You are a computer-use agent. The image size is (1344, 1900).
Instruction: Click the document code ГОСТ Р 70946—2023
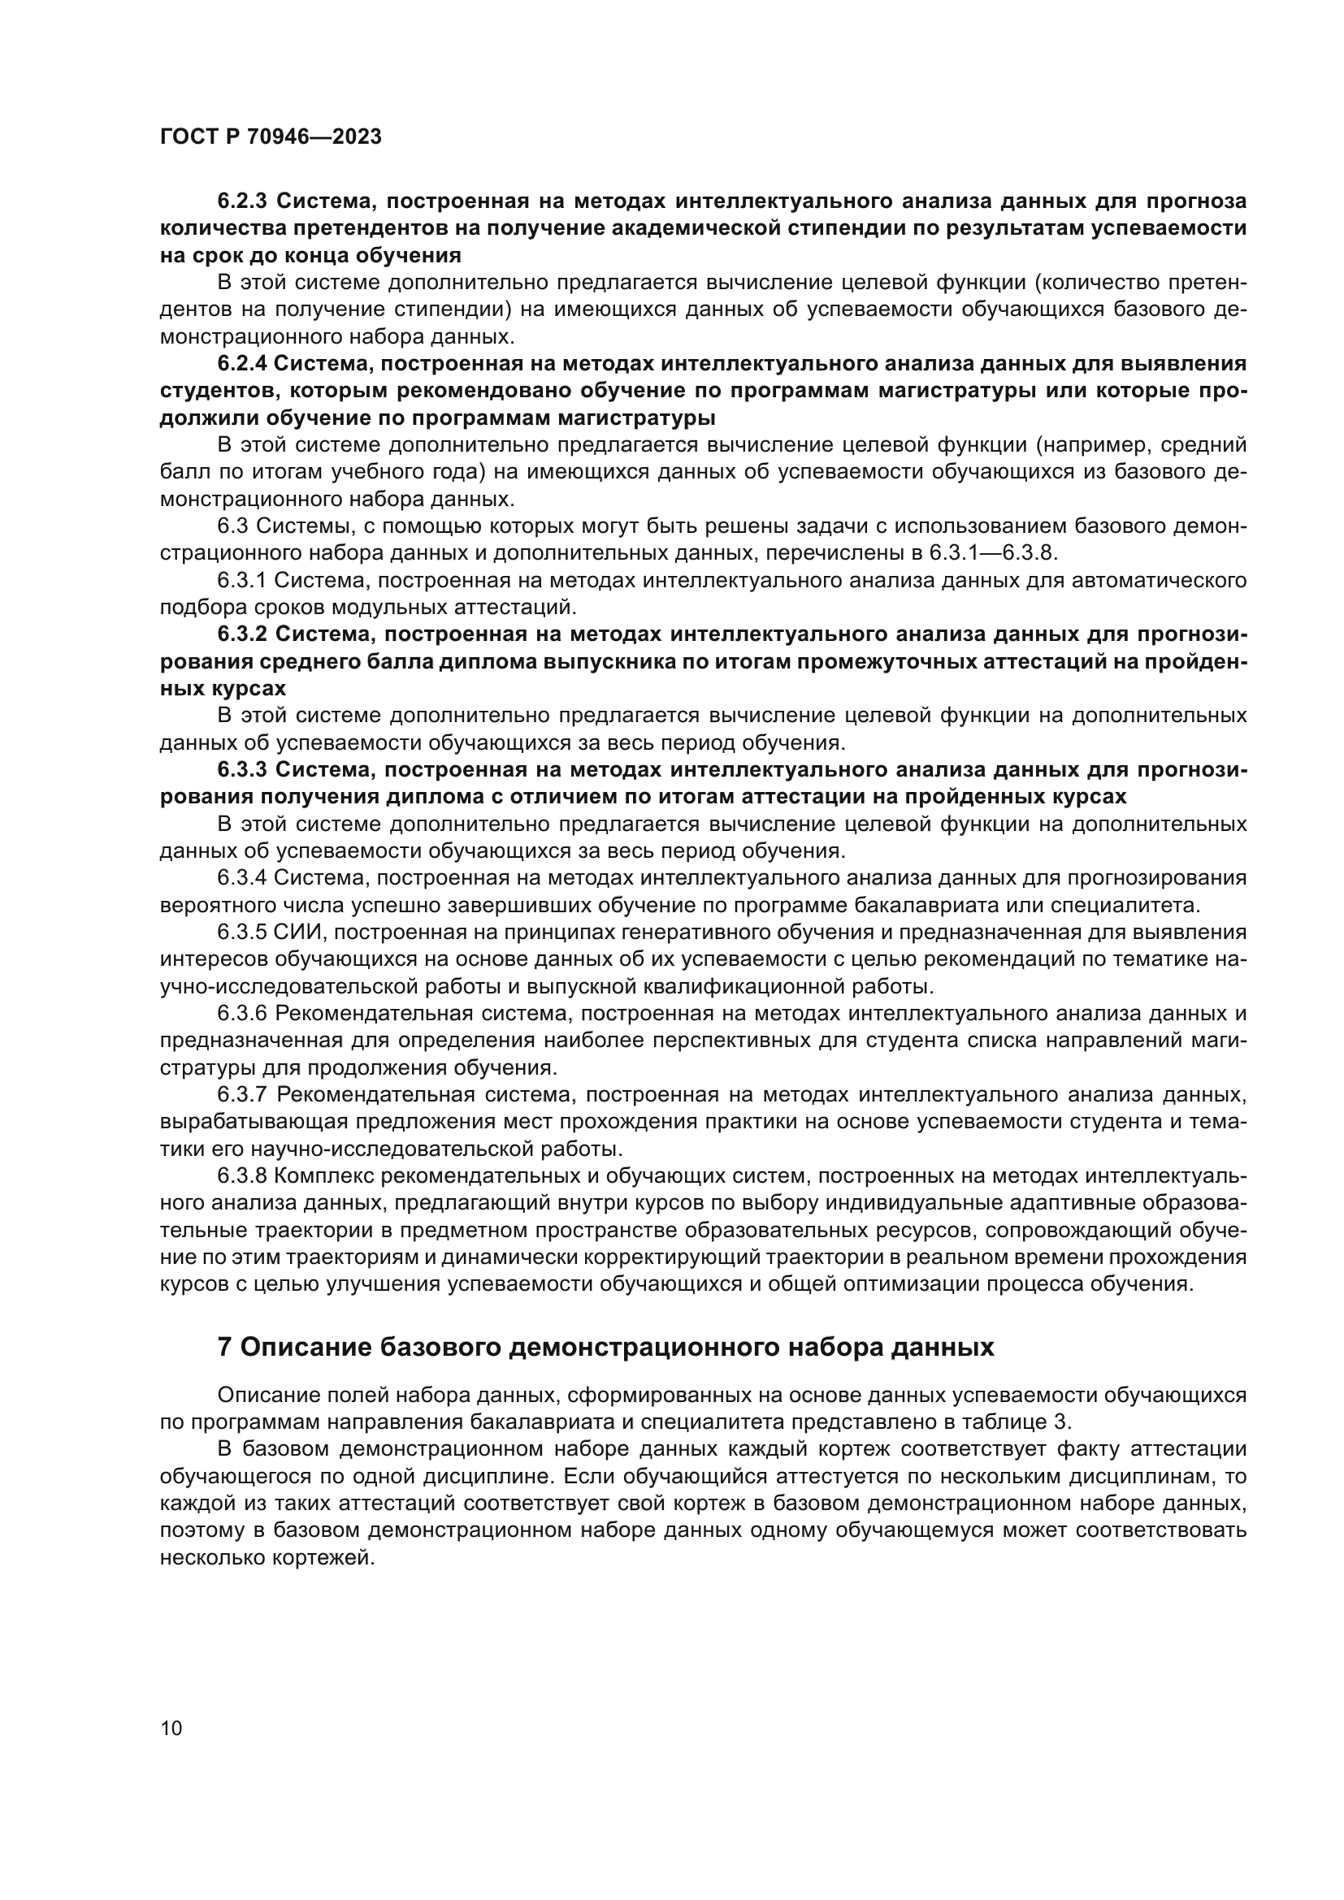(x=271, y=137)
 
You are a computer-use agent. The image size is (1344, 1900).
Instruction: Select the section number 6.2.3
(x=242, y=201)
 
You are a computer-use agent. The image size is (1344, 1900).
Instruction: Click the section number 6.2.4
(x=241, y=363)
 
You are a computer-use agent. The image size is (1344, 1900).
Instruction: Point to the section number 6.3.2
(x=242, y=634)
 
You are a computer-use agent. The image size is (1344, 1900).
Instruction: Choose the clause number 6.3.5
(x=242, y=933)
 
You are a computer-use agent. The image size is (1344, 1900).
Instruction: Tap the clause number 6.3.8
(x=242, y=1177)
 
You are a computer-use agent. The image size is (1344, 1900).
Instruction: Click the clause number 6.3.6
(x=242, y=1014)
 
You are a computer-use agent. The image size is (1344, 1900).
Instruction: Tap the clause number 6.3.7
(x=242, y=1096)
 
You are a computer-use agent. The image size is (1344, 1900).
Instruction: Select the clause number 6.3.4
(x=242, y=878)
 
